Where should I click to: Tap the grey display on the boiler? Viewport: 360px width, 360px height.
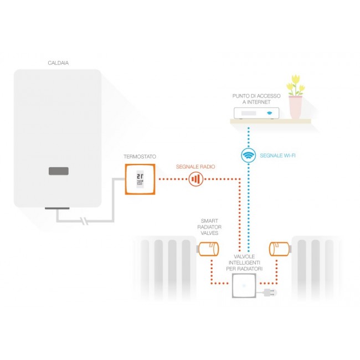pos(58,171)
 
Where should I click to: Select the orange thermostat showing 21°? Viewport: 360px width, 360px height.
pos(140,179)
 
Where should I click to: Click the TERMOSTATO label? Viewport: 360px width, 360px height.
pos(140,157)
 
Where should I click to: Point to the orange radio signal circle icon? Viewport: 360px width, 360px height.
pos(195,179)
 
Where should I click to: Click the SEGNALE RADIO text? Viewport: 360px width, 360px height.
pos(195,166)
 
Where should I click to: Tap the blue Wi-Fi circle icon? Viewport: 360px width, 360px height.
pos(249,156)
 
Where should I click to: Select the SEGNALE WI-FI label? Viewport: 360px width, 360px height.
pos(277,156)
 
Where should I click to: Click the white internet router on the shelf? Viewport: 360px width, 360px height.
pos(256,113)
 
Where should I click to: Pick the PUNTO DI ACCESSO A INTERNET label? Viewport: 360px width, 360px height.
pos(256,99)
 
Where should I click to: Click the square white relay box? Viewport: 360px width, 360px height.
pos(244,286)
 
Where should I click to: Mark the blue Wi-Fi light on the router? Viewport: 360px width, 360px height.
pos(270,114)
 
